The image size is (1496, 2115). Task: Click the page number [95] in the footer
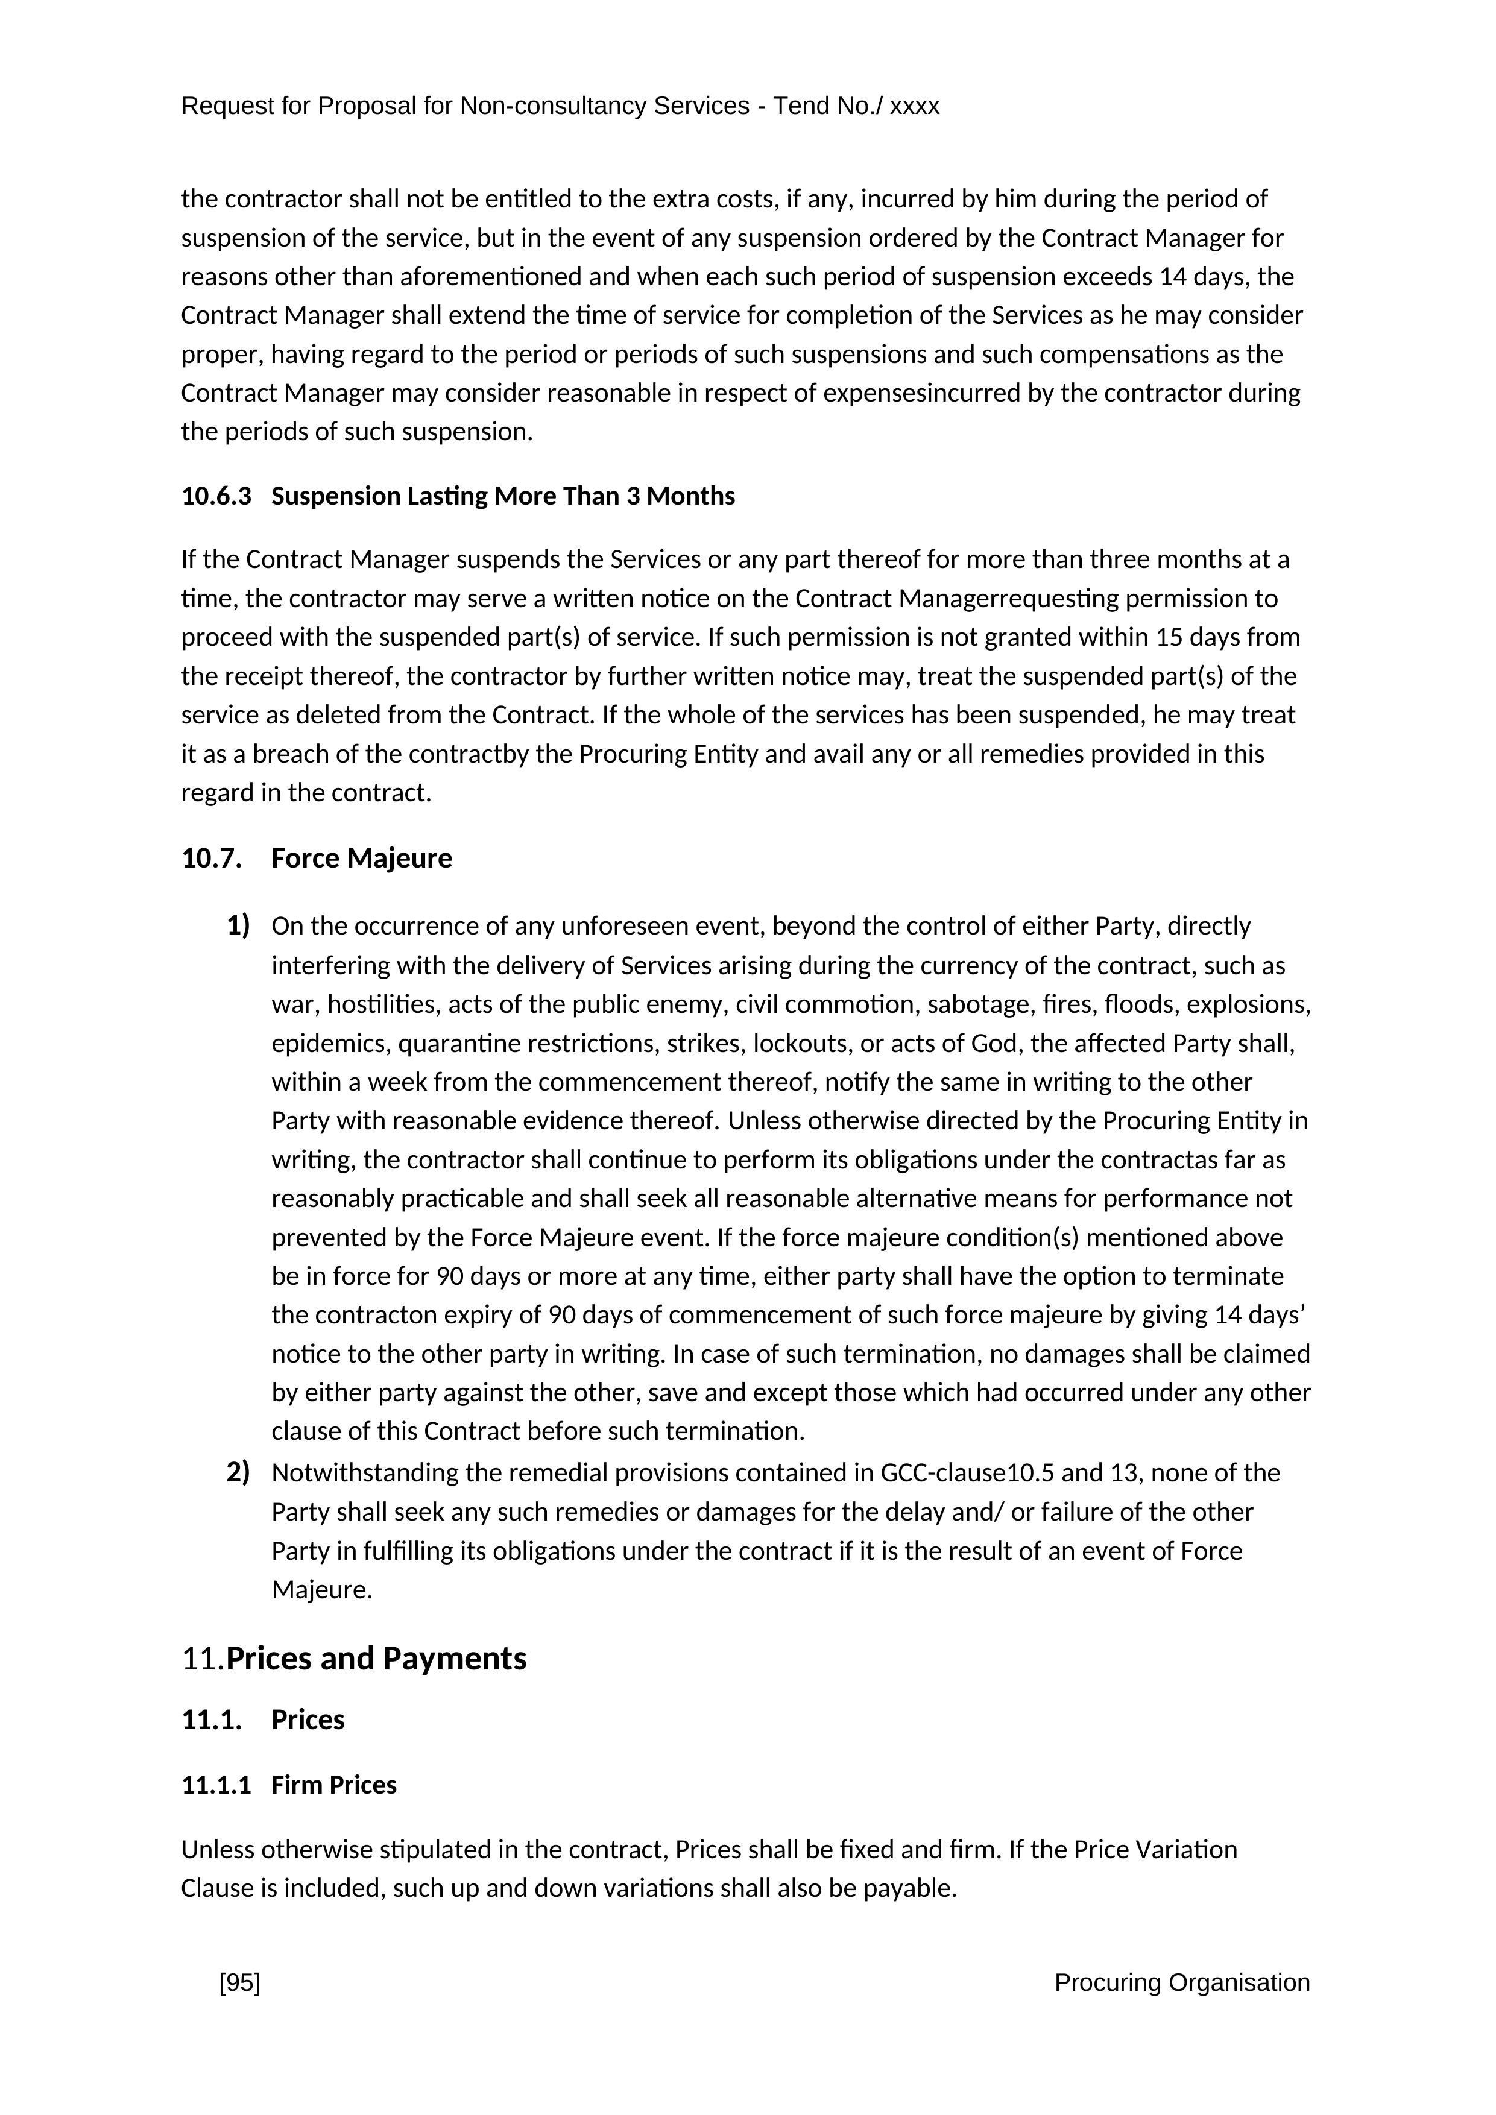239,1984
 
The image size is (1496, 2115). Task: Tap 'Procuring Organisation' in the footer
1181,1984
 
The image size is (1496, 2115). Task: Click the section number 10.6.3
215,497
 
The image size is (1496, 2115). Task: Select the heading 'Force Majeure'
361,859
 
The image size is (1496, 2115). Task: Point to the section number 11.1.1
215,1785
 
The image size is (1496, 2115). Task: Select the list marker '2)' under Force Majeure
239,1472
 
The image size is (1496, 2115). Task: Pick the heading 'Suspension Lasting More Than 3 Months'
503,497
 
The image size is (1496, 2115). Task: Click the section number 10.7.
211,859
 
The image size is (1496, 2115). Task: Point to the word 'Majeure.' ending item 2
321,1590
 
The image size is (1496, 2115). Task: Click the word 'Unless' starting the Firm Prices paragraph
218,1850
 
